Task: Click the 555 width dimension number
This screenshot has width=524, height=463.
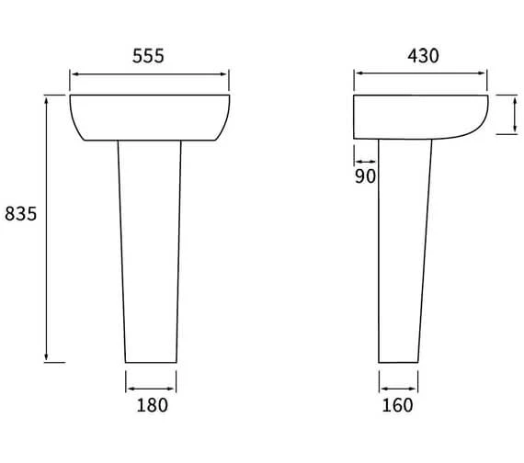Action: [x=149, y=56]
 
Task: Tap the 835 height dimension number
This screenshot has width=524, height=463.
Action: [x=20, y=214]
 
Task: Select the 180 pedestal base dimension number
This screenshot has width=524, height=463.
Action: [x=151, y=405]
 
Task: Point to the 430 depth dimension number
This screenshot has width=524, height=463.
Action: [x=422, y=56]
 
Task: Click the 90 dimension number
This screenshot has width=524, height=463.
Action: [x=365, y=175]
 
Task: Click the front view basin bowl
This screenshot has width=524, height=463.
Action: [x=149, y=118]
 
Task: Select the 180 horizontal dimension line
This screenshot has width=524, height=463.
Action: [x=151, y=386]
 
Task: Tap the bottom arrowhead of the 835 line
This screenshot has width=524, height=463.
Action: [x=46, y=357]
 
